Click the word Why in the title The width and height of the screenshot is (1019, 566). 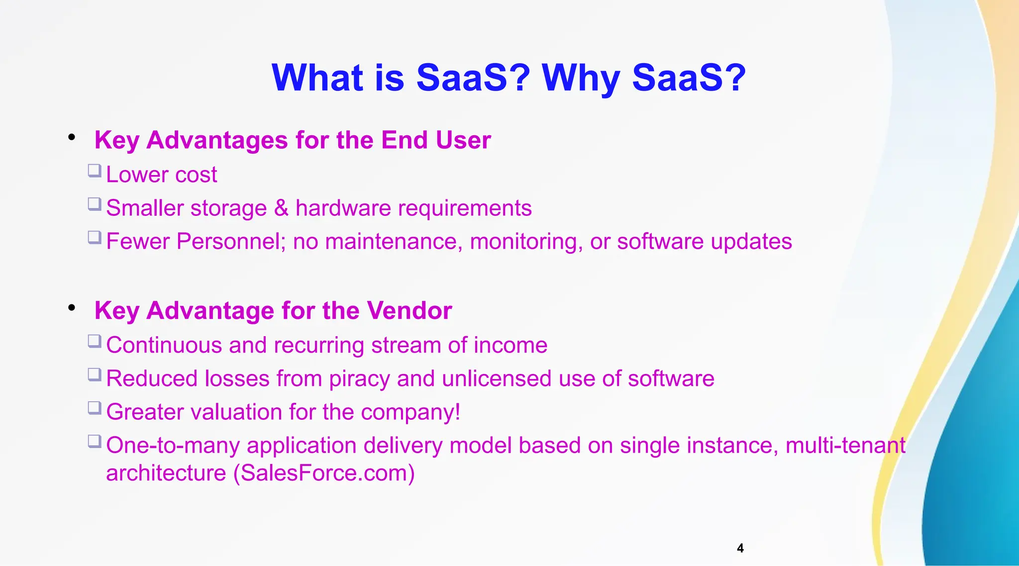581,79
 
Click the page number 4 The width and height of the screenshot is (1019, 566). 740,548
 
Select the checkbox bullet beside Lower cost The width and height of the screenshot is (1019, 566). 95,171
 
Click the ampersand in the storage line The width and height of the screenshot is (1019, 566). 281,208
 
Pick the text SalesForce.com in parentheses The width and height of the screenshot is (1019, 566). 324,473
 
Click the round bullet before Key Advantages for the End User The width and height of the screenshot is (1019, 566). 72,137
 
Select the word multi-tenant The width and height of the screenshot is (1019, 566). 845,445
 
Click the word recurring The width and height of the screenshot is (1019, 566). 318,345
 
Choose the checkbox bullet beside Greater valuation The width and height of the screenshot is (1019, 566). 95,408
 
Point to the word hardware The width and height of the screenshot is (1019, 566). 343,208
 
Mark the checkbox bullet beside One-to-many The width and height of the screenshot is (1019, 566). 95,442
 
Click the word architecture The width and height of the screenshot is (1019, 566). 166,473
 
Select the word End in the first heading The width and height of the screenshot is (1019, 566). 404,140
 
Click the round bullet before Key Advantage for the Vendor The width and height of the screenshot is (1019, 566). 72,308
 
